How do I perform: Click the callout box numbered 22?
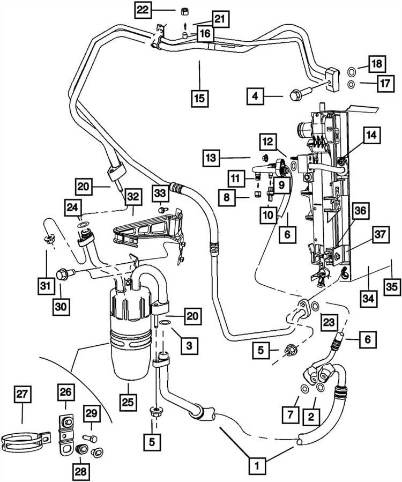click(143, 10)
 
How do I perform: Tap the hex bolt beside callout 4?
click(301, 94)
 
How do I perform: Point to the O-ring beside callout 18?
click(351, 72)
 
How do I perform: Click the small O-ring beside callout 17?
click(351, 84)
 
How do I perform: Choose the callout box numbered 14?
click(372, 135)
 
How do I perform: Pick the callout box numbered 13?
click(211, 158)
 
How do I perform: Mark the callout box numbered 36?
click(360, 211)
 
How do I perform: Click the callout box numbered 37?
click(380, 235)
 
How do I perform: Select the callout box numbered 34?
click(368, 298)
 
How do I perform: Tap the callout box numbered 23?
click(329, 322)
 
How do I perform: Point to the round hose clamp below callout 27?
click(24, 441)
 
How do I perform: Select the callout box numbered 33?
click(160, 194)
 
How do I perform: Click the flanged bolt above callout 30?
click(65, 273)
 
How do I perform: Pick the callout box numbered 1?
click(257, 465)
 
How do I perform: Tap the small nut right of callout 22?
click(184, 12)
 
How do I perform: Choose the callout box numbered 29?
click(92, 413)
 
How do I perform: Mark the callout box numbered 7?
click(291, 414)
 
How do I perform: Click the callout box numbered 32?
click(133, 196)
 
